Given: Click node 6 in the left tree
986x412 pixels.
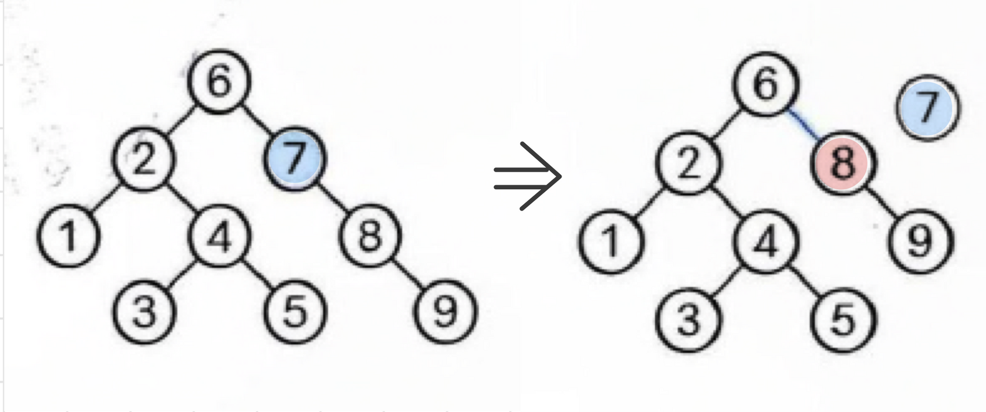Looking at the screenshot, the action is [219, 81].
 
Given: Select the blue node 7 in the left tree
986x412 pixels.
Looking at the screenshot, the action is [294, 158].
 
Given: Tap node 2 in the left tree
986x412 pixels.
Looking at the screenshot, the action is [144, 159].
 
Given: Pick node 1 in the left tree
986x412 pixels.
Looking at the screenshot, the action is [69, 236].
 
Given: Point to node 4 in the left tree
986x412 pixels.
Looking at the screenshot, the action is [219, 236].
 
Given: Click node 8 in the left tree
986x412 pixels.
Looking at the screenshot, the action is [370, 235].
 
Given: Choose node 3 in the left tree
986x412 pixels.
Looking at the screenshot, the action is [144, 311].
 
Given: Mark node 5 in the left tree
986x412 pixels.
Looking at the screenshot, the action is [294, 311].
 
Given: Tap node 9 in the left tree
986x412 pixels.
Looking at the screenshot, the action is [445, 311].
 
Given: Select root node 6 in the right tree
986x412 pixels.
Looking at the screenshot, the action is [766, 84].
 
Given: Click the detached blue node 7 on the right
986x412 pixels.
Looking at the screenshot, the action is [927, 108].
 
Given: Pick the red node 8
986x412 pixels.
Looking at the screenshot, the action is [843, 162].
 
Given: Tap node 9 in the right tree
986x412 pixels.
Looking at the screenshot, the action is [920, 241].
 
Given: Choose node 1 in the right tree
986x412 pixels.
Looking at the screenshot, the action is [611, 241].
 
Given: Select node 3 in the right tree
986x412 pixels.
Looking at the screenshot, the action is [688, 319].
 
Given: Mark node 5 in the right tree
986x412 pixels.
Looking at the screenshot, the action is [843, 319].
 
